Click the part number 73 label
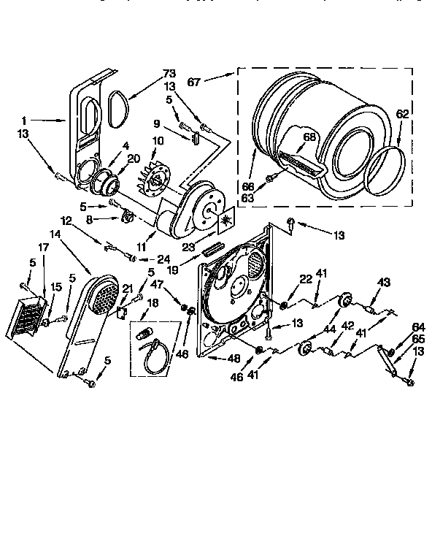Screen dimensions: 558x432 (x=169, y=73)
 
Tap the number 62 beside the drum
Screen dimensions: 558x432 (x=402, y=114)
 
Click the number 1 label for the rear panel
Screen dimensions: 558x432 (x=25, y=119)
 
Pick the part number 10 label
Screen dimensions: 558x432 (x=158, y=141)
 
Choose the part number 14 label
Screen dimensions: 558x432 (x=55, y=235)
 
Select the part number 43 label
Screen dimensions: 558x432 (x=384, y=283)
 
